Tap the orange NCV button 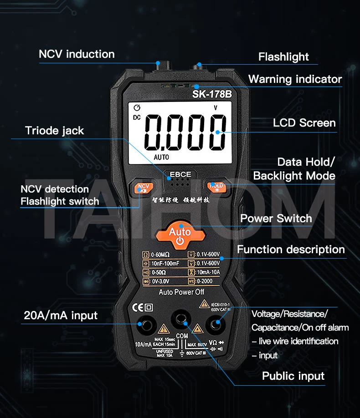point(143,187)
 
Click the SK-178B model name point(212,95)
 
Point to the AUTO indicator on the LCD point(161,157)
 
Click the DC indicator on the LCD point(137,118)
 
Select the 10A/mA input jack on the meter point(147,325)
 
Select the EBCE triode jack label point(180,174)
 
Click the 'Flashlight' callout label point(283,57)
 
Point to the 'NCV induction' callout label point(77,54)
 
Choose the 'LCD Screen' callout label point(304,123)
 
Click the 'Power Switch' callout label point(276,219)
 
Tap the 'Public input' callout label point(293,376)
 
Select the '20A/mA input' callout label point(61,316)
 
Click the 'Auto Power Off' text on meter point(181,292)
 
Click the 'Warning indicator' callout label point(295,79)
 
